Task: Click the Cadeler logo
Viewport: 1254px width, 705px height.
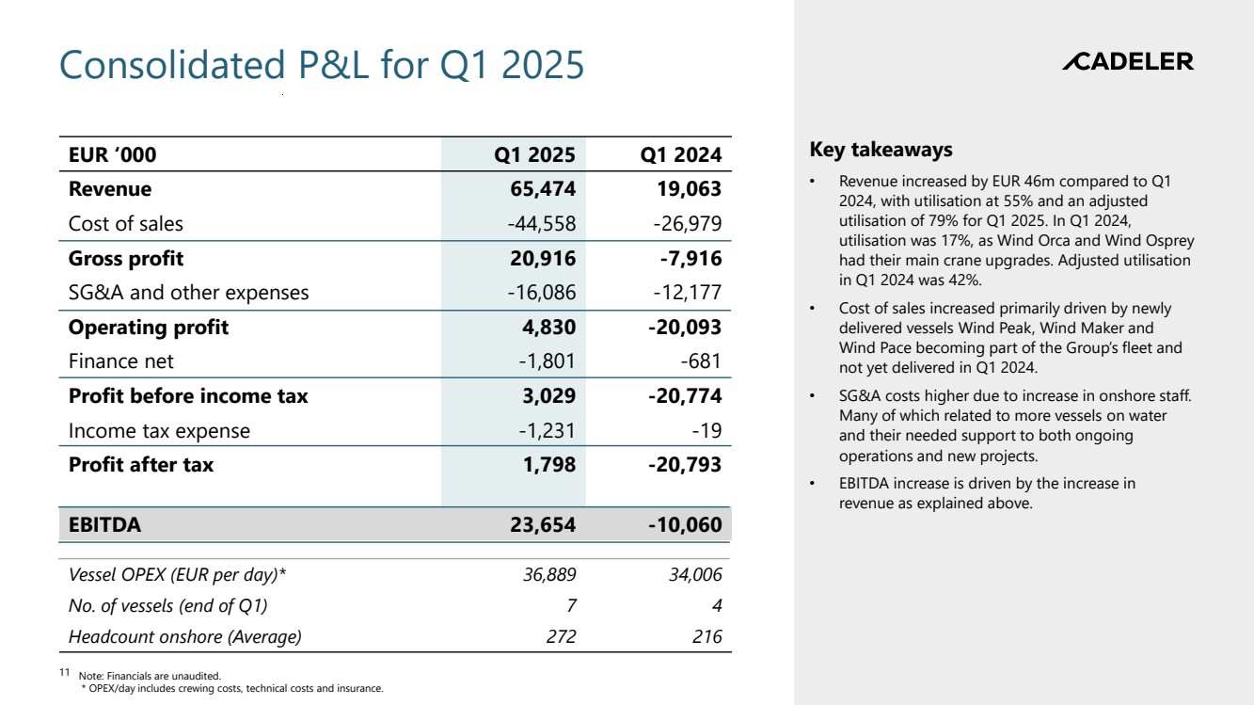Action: point(1127,62)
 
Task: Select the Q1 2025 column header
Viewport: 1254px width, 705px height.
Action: point(534,154)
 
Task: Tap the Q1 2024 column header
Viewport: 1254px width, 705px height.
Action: point(680,154)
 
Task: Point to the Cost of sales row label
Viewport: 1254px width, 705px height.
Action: point(126,224)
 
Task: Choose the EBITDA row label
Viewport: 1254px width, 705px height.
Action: point(104,525)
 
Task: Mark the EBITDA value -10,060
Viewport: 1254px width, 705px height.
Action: point(685,525)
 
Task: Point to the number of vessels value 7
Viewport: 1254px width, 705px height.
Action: point(570,606)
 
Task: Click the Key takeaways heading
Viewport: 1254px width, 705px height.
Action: point(881,150)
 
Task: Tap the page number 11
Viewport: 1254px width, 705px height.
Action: point(65,673)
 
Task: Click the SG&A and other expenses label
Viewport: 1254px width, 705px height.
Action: point(188,293)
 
